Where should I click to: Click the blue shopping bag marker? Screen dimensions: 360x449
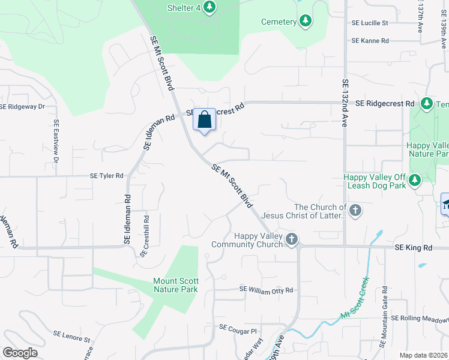(x=204, y=120)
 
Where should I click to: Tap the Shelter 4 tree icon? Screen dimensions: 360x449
(x=209, y=7)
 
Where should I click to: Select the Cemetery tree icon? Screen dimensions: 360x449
(x=306, y=22)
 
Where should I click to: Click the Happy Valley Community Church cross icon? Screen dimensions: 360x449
(x=291, y=240)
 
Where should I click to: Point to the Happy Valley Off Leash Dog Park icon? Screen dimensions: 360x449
(x=414, y=180)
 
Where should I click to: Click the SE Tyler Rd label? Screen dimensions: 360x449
(x=106, y=176)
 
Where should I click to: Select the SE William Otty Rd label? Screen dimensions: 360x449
(x=266, y=290)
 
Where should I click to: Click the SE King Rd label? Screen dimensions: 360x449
(x=413, y=247)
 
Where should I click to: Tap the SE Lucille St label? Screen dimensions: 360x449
(x=370, y=23)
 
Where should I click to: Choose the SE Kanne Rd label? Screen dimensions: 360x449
(x=370, y=41)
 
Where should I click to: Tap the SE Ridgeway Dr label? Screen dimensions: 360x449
(x=22, y=107)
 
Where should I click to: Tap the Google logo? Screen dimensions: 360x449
(x=20, y=353)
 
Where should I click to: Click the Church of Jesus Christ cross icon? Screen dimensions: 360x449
(x=355, y=210)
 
